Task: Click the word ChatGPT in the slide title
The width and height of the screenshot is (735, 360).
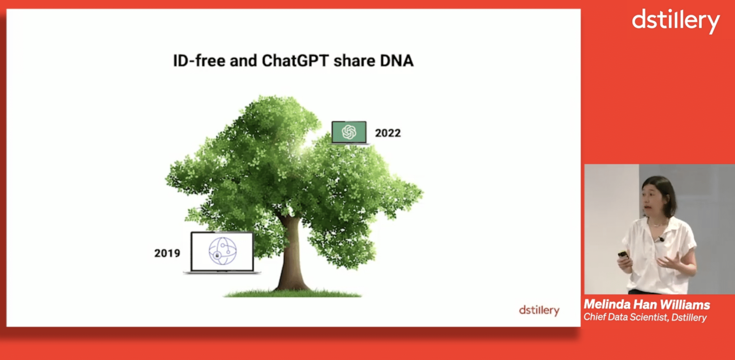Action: click(295, 60)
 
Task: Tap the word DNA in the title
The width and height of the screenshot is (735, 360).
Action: click(397, 60)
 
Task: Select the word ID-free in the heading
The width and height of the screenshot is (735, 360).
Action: click(199, 60)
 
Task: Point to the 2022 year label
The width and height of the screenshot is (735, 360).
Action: click(388, 133)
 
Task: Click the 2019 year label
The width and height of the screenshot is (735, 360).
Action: click(167, 253)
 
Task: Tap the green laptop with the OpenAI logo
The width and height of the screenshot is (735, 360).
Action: click(349, 133)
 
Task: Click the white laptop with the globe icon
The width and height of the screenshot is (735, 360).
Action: click(222, 253)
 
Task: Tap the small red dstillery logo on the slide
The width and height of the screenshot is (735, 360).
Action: click(539, 310)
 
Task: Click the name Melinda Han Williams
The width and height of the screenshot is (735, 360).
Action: click(647, 305)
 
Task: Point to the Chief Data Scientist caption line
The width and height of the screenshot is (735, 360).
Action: click(645, 317)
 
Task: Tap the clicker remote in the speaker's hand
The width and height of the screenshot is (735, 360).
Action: click(623, 255)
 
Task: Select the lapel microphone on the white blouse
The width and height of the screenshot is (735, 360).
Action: click(661, 239)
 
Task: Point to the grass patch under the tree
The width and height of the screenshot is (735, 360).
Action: click(292, 293)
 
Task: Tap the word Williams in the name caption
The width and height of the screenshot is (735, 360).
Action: click(685, 305)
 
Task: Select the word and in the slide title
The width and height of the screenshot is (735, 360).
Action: click(243, 61)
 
